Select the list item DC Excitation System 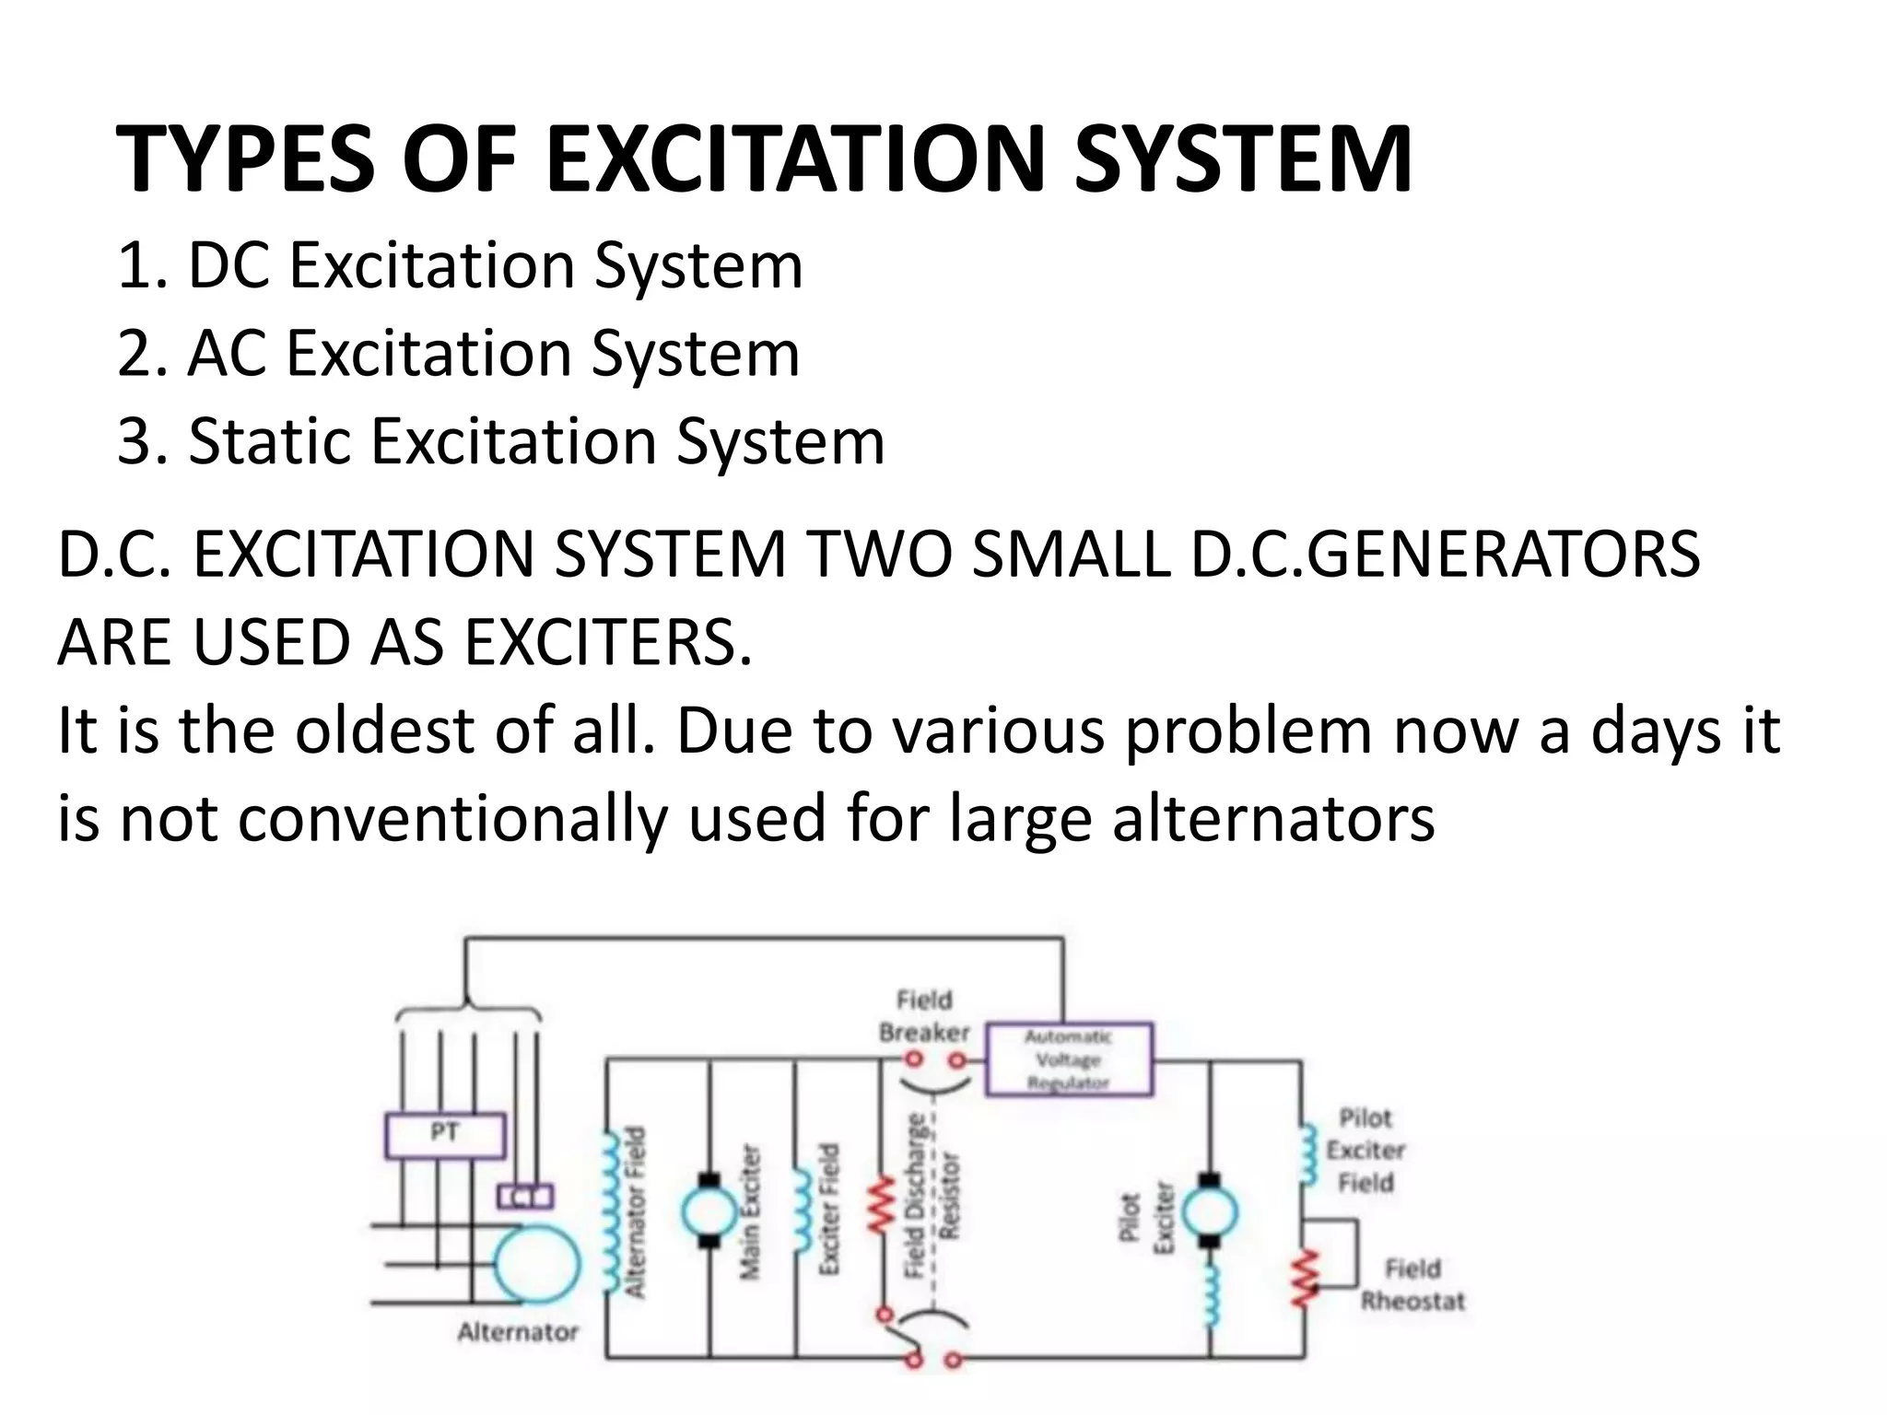coord(461,265)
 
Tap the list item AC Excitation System coord(459,353)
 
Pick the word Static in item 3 coord(268,440)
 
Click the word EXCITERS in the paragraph coord(608,642)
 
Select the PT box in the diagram coord(445,1135)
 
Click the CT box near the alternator coord(525,1196)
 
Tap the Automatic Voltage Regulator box coord(1069,1060)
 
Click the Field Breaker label coord(924,1016)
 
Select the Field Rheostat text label coord(1412,1285)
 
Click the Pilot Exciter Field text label coord(1365,1151)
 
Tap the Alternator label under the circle coord(518,1332)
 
